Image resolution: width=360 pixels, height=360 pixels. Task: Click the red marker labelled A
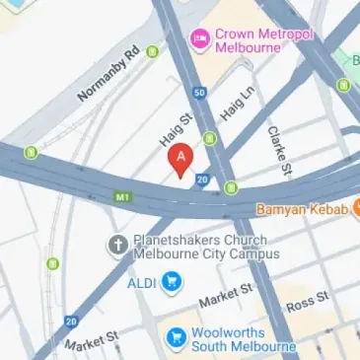180,160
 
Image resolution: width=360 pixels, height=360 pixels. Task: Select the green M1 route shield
122,196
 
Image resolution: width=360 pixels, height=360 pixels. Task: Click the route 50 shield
199,93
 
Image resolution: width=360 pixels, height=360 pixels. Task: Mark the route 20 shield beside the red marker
202,180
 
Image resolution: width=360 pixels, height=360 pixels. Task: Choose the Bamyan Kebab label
302,209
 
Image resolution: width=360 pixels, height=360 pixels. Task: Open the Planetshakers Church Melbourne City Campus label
183,250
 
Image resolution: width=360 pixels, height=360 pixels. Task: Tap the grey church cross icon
115,244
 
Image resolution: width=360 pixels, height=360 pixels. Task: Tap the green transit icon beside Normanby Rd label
152,51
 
